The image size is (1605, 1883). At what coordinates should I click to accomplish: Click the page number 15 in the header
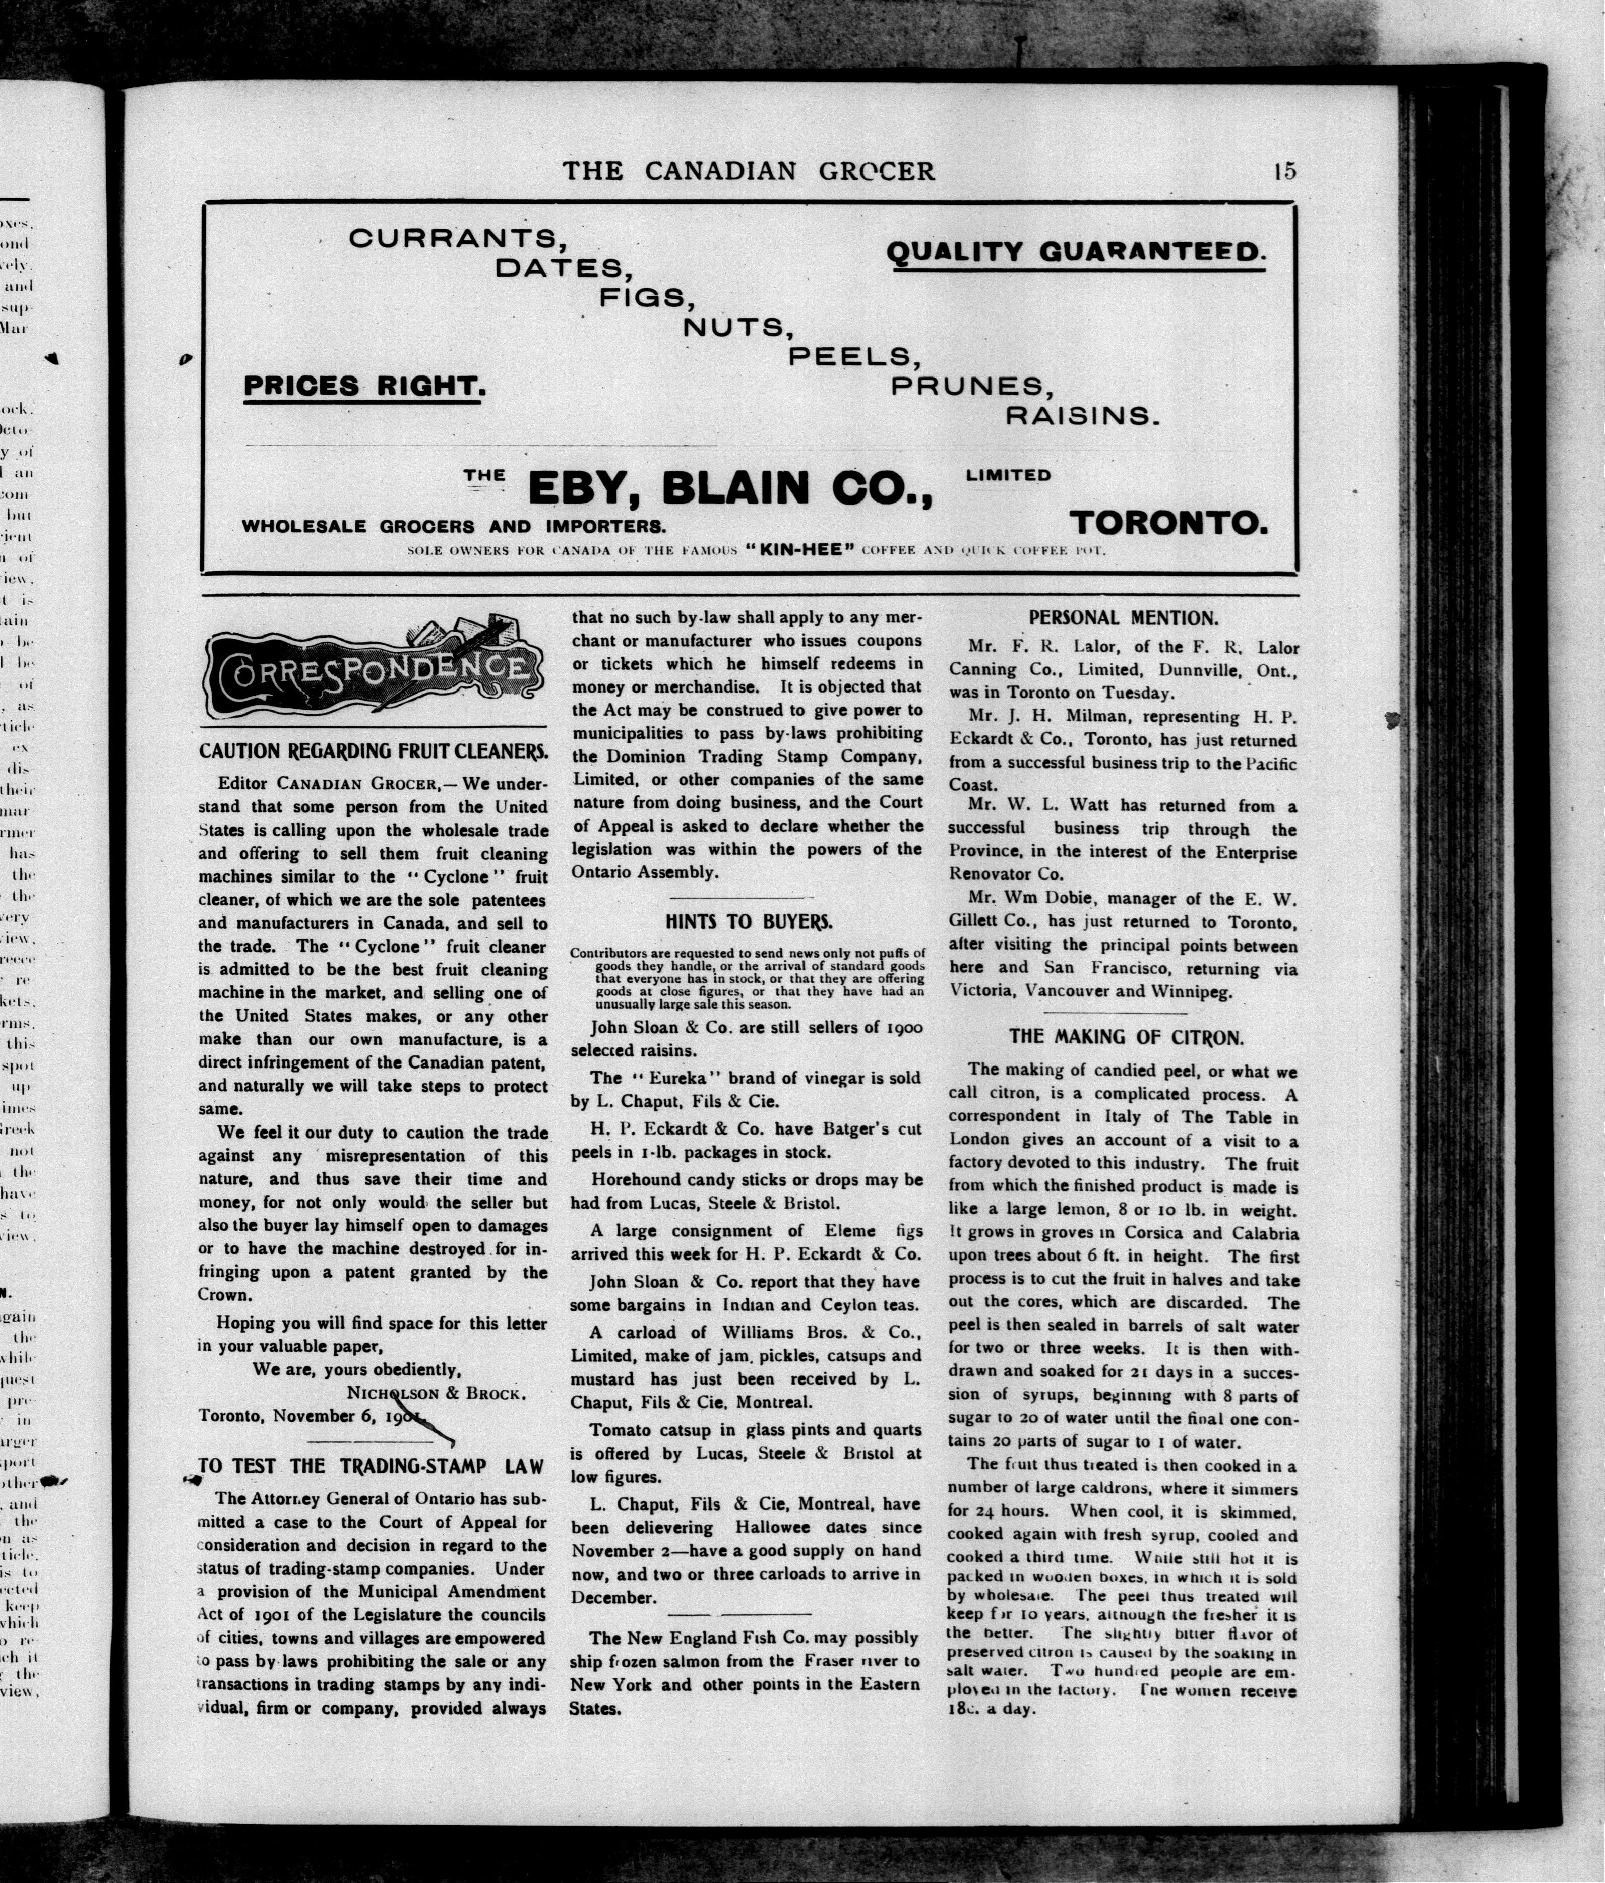(x=1284, y=171)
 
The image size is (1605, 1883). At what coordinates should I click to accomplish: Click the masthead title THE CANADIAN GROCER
(x=748, y=171)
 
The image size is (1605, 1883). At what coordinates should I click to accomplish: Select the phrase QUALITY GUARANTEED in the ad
(x=1075, y=253)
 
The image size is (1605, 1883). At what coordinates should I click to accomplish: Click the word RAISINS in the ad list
(x=1082, y=416)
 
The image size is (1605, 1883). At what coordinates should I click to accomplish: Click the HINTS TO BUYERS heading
(x=748, y=921)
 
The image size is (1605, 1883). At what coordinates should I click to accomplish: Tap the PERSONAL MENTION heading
(x=1123, y=618)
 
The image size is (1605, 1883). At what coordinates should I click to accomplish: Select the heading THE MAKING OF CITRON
(x=1125, y=1037)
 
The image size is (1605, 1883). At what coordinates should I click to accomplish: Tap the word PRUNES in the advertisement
(x=971, y=386)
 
